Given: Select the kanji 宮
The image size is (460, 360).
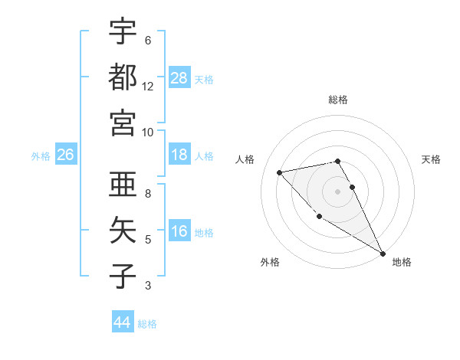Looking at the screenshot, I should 123,123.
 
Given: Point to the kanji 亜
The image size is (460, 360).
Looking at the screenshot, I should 123,183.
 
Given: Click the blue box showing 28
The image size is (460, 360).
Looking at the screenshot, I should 179,77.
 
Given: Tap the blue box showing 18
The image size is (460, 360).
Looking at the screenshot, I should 179,155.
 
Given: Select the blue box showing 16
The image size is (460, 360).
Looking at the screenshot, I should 179,232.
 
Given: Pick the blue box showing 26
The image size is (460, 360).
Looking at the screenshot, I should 65,155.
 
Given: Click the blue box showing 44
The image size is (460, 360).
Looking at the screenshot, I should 122,322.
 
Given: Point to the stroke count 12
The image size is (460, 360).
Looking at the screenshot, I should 148,87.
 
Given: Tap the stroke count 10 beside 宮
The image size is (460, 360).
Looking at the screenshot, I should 148,132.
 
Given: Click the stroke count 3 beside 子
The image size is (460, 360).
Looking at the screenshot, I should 148,286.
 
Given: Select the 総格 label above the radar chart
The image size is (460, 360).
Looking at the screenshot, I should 338,100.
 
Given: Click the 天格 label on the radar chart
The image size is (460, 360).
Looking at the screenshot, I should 431,159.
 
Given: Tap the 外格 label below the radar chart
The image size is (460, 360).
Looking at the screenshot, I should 270,262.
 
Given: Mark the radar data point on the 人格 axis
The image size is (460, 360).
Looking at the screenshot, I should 280,172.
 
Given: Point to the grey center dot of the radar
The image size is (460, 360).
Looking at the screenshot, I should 338,191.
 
